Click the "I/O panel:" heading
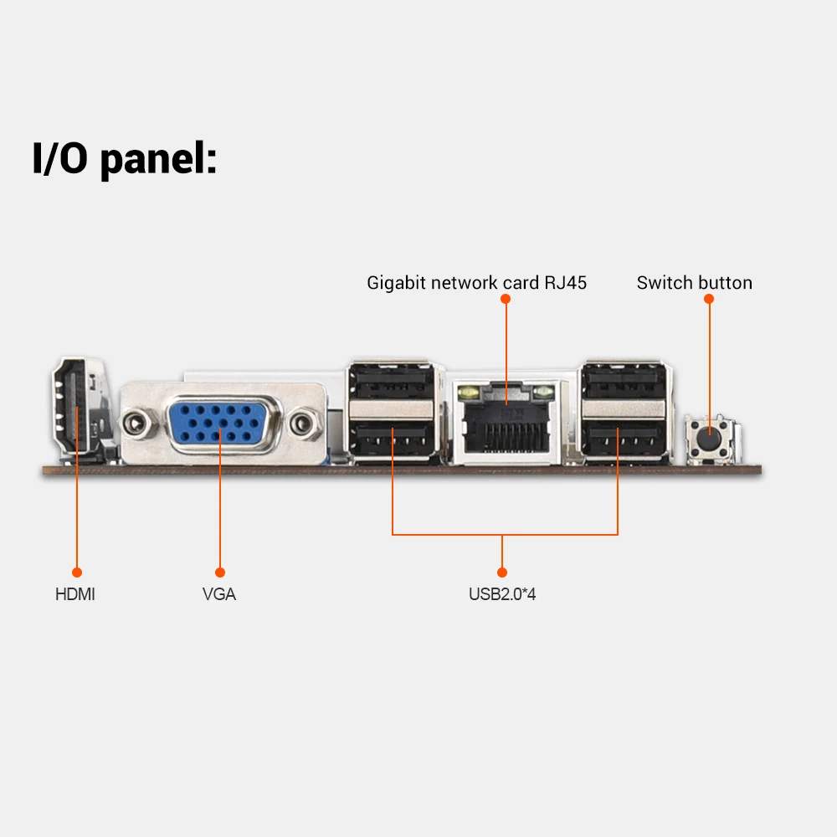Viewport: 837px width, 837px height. click(x=124, y=158)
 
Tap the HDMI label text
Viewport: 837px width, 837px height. click(x=75, y=595)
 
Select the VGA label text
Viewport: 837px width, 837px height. click(x=219, y=595)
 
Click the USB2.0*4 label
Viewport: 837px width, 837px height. click(x=502, y=595)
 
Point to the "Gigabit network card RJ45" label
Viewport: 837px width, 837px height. click(x=476, y=283)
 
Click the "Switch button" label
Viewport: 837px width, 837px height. click(x=694, y=283)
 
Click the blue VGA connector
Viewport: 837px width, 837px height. click(x=219, y=423)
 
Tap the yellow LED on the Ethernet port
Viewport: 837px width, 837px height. click(x=468, y=391)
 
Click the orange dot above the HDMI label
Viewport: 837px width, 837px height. click(x=76, y=573)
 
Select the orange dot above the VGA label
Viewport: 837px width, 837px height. click(x=219, y=573)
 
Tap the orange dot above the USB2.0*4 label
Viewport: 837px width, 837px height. click(x=502, y=573)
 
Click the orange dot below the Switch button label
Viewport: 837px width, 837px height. click(x=709, y=298)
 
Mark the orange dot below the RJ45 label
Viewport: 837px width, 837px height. click(x=506, y=298)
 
